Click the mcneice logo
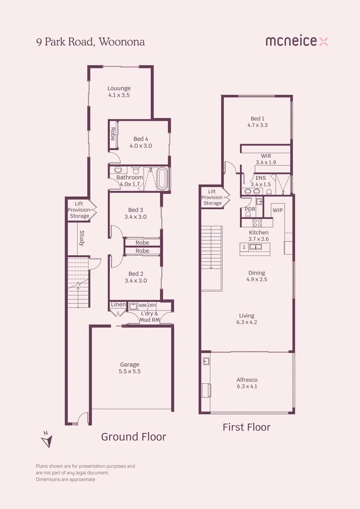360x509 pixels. pyautogui.click(x=296, y=41)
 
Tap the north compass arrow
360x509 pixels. pyautogui.click(x=46, y=439)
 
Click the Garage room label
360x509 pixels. pyautogui.click(x=130, y=364)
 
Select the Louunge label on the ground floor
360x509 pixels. pyautogui.click(x=119, y=88)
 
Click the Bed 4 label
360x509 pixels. pyautogui.click(x=141, y=139)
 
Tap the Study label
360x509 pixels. pyautogui.click(x=82, y=238)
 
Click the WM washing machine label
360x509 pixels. pyautogui.click(x=142, y=305)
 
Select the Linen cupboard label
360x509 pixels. pyautogui.click(x=118, y=305)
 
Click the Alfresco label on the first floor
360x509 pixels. pyautogui.click(x=246, y=380)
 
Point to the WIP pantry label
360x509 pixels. pyautogui.click(x=278, y=210)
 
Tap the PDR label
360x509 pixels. pyautogui.click(x=250, y=209)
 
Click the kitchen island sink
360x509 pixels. pyautogui.click(x=255, y=246)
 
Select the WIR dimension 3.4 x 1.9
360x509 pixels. pyautogui.click(x=265, y=162)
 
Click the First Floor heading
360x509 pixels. pyautogui.click(x=246, y=427)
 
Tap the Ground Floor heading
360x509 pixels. pyautogui.click(x=133, y=437)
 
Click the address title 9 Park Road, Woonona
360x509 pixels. pyautogui.click(x=90, y=41)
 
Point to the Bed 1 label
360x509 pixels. pyautogui.click(x=257, y=119)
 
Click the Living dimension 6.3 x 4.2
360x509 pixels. pyautogui.click(x=246, y=322)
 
